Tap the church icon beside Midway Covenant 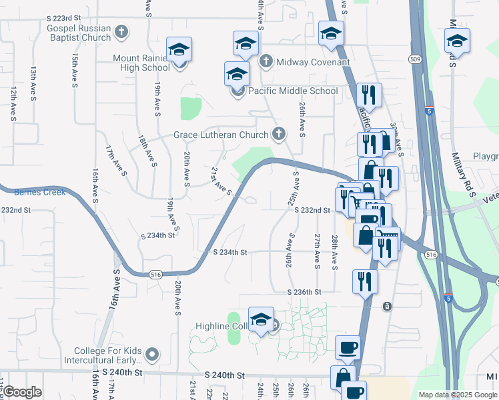266,62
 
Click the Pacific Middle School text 293,91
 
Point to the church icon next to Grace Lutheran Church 279,135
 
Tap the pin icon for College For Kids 153,355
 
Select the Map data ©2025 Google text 458,395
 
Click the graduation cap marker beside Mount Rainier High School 179,50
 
